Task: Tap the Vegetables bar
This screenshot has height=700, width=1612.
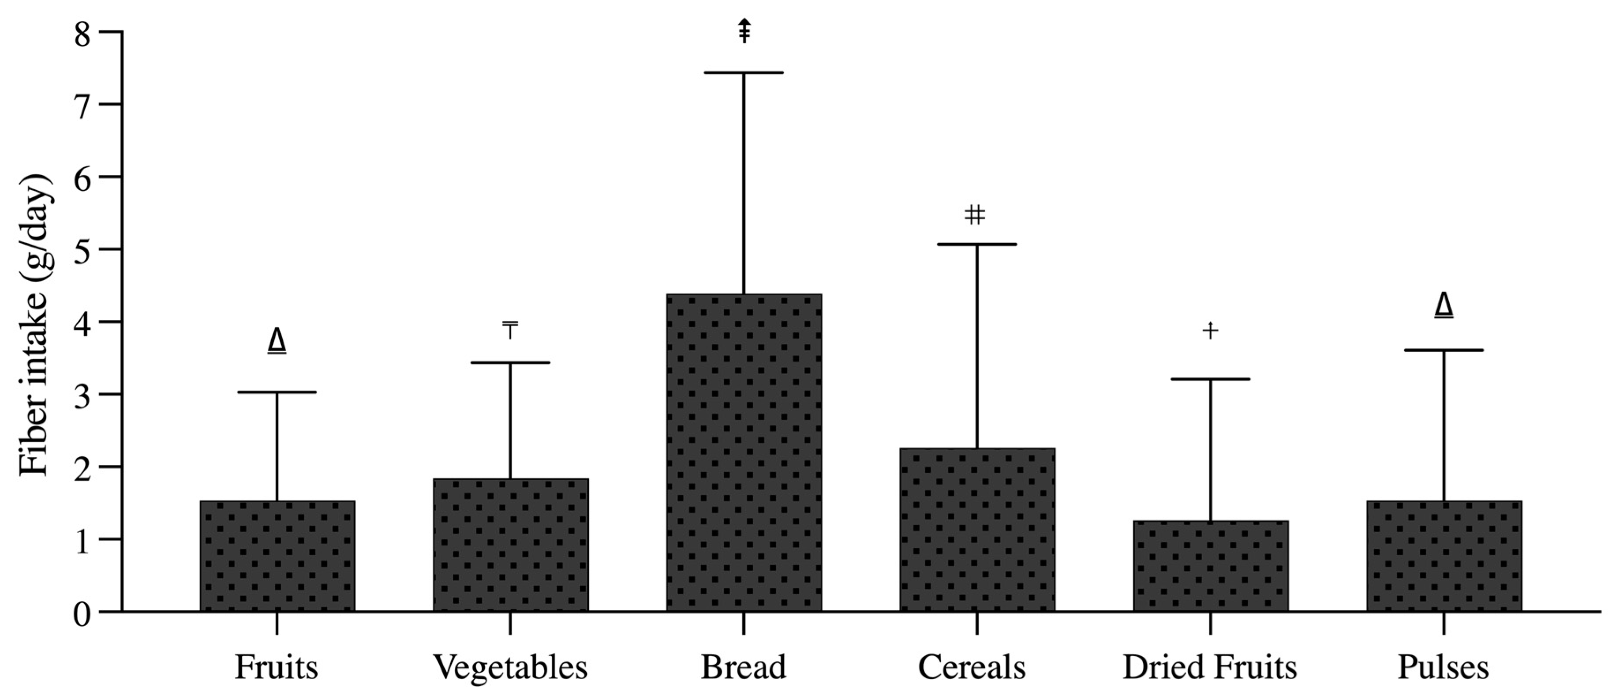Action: point(511,545)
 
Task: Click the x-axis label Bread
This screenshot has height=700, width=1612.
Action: point(744,667)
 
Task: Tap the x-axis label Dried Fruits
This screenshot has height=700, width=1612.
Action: point(1210,667)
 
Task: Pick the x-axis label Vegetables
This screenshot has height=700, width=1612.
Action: point(511,667)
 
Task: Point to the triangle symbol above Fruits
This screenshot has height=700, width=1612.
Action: point(277,341)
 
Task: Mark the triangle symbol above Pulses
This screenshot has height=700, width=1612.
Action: point(1444,305)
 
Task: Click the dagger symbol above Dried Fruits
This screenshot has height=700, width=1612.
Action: point(1210,330)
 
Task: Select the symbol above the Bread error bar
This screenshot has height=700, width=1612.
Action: point(744,31)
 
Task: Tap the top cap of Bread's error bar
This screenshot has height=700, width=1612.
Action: point(744,73)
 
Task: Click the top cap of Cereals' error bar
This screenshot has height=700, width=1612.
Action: point(977,244)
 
